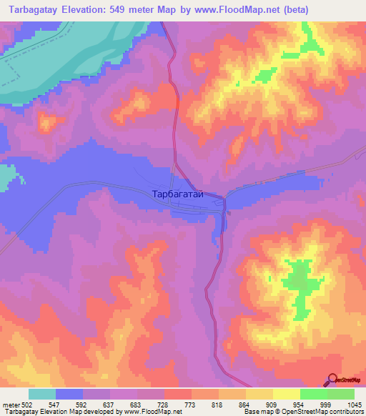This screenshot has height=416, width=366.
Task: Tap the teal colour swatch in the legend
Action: tap(42, 394)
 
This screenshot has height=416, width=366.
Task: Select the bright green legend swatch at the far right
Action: tap(340, 394)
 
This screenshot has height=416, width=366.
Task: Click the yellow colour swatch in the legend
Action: tap(286, 394)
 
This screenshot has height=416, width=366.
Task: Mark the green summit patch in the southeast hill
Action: tap(299, 286)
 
